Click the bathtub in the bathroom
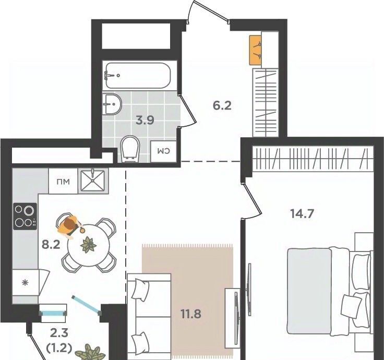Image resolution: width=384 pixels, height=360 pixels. [x=138, y=76]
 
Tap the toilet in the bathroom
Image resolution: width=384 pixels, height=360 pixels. [x=130, y=149]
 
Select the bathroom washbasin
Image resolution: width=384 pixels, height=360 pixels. [x=112, y=104]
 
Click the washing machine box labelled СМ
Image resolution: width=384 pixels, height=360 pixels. [x=163, y=151]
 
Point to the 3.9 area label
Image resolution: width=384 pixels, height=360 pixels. [x=145, y=121]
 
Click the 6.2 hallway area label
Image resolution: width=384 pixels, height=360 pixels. [x=222, y=106]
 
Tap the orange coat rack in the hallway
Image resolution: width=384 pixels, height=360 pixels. [x=256, y=50]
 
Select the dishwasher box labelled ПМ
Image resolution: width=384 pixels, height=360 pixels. [x=63, y=182]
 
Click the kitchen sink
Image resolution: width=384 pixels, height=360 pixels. [x=93, y=181]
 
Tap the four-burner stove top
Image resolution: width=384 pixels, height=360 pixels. [x=25, y=216]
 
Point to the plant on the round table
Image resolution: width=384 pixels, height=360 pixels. [x=88, y=245]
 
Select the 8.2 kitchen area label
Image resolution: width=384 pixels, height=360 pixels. [x=51, y=244]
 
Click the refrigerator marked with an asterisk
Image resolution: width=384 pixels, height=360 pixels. [x=25, y=283]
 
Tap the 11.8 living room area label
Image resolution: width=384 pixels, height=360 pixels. [x=191, y=314]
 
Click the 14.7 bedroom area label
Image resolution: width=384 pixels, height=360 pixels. [x=302, y=213]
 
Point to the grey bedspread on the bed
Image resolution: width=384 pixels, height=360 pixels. [x=309, y=291]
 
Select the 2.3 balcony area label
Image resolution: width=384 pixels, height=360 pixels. [x=59, y=333]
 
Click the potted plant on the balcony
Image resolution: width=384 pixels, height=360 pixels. [x=90, y=353]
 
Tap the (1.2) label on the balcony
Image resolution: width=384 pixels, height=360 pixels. [x=59, y=348]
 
